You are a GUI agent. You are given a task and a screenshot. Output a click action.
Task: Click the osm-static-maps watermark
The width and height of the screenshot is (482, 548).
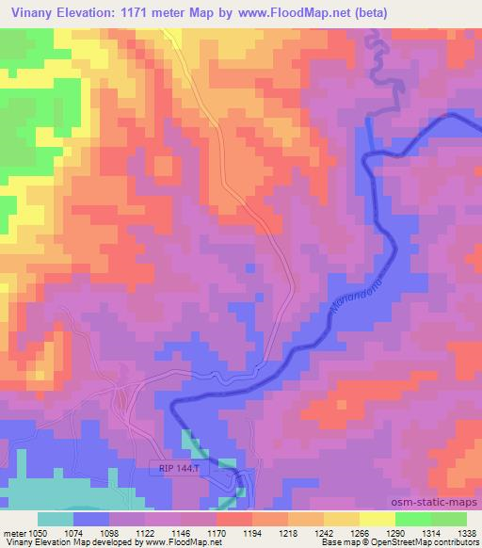[442, 504]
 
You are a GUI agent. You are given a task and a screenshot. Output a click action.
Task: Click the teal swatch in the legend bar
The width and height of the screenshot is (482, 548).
[56, 519]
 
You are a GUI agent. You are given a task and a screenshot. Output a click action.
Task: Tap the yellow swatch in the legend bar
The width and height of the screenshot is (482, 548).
[378, 519]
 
